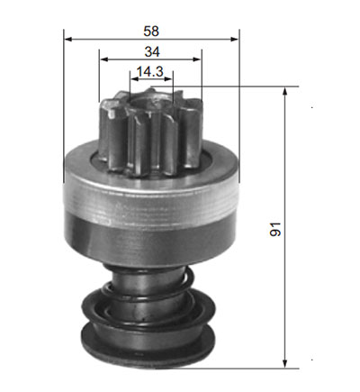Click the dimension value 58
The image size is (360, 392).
pos(151,32)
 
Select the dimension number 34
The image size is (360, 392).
pos(152,52)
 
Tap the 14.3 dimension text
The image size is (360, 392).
pos(149,72)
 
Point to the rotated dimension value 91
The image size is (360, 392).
pos(275,229)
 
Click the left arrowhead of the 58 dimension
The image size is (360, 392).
pos(68,39)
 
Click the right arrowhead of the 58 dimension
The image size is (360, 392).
pos(234,39)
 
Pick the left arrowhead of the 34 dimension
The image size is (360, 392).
pos(103,59)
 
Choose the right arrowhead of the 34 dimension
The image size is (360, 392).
pos(197,59)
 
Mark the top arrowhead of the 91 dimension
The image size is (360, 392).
pos(285,91)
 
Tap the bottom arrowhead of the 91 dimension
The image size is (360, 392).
pos(285,364)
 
